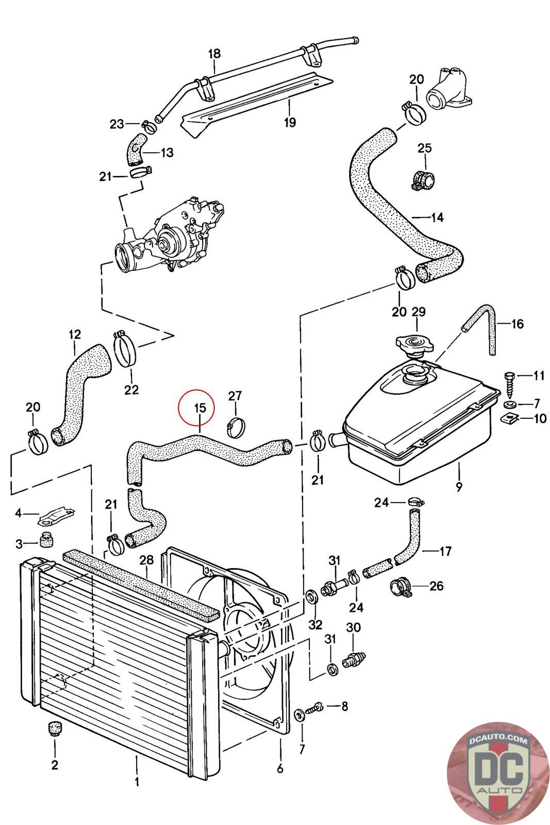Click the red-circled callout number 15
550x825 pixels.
[199, 407]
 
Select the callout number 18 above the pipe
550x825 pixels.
[214, 54]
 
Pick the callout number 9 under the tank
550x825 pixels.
[459, 486]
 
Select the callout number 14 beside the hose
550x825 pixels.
[437, 218]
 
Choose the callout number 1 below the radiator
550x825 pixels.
[137, 782]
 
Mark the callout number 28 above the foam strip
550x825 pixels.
[146, 559]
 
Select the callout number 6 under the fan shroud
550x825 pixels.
[280, 768]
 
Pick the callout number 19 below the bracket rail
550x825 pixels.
[290, 122]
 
